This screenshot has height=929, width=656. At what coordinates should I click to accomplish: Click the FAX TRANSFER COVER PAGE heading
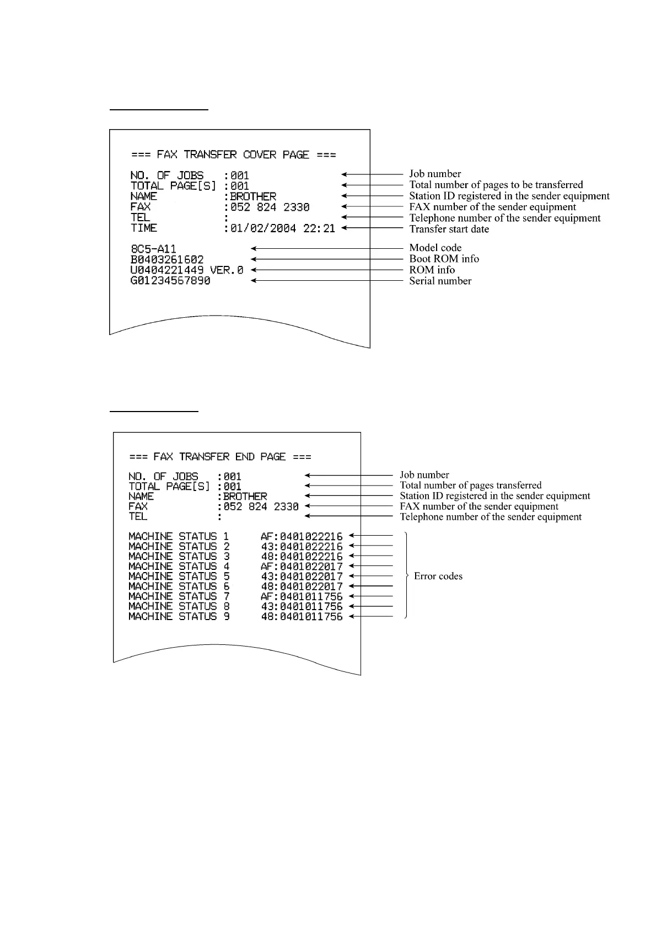pos(233,155)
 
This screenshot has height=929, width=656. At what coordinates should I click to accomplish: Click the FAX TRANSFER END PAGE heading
pos(220,457)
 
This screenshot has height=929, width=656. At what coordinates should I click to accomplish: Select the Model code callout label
pos(435,248)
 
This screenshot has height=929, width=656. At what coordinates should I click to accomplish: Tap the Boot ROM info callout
pos(444,259)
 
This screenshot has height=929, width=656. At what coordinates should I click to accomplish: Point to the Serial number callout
pos(440,281)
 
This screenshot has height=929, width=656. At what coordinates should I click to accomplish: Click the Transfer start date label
pos(449,229)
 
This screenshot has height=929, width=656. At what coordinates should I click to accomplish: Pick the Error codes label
pos(438,576)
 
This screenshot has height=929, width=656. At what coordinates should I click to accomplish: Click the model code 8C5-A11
pos(153,249)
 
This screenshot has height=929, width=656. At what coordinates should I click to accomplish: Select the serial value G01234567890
pos(170,281)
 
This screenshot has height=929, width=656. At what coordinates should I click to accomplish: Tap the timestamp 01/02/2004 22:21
pos(282,228)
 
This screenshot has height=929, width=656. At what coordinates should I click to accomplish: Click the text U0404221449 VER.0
pos(186,270)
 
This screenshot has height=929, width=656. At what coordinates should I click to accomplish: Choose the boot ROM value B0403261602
pos(167,259)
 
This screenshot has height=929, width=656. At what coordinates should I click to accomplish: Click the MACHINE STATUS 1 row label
pos(179,536)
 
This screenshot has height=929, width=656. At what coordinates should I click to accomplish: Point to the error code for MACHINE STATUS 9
pos(302,617)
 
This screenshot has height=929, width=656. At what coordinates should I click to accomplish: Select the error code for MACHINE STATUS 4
pos(302,567)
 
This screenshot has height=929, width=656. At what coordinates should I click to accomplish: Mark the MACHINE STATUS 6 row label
pos(179,586)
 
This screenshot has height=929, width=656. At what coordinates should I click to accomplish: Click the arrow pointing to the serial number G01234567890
pos(327,281)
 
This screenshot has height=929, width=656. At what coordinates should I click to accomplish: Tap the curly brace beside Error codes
pos(406,575)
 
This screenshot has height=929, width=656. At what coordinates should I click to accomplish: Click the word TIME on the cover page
pos(143,228)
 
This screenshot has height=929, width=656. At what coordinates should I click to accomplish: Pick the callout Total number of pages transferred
pos(470,485)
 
